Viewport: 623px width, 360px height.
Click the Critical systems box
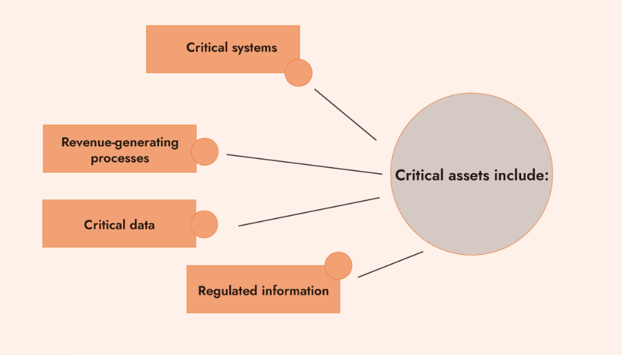(x=222, y=49)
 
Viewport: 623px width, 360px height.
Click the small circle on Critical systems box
(x=298, y=73)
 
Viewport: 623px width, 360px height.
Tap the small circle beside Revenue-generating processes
(x=204, y=152)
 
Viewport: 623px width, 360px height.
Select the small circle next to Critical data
(x=204, y=224)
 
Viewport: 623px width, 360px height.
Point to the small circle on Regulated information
(x=338, y=266)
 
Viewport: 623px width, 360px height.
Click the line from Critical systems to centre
(x=345, y=114)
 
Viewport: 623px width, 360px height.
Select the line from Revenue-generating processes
(x=304, y=164)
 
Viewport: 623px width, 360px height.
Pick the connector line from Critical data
(x=309, y=212)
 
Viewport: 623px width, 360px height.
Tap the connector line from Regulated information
(x=390, y=264)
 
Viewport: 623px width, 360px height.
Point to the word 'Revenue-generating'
(x=120, y=142)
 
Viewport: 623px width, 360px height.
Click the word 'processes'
(x=120, y=158)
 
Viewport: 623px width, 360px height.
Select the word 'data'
(x=142, y=225)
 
